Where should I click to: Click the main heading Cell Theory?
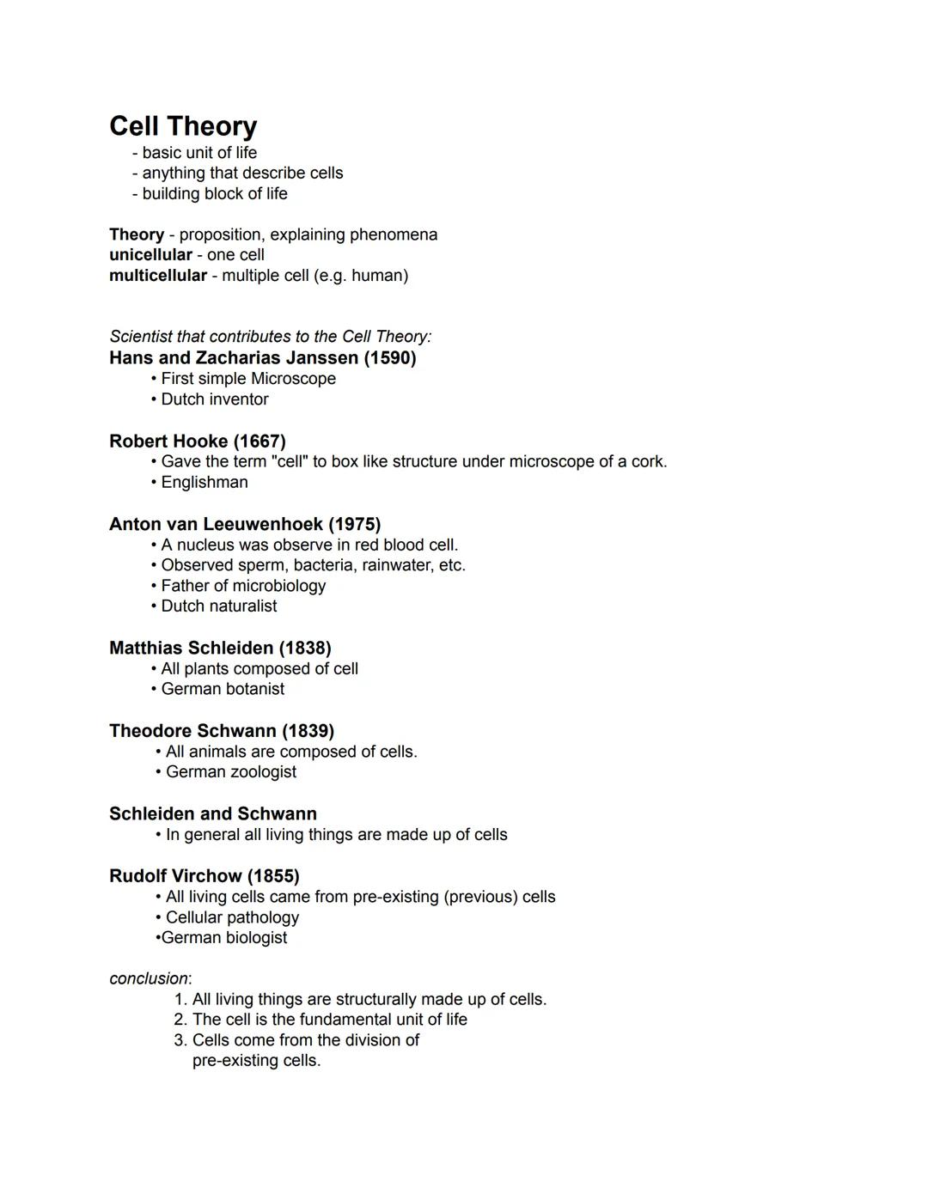click(183, 126)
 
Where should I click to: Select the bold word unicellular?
click(150, 255)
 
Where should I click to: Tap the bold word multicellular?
click(158, 276)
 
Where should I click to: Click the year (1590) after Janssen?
click(389, 358)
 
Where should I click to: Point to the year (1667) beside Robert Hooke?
click(259, 442)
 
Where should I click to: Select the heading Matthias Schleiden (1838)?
click(220, 648)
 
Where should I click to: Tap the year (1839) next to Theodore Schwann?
click(308, 731)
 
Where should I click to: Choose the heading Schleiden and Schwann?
click(213, 813)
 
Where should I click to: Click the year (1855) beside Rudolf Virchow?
click(273, 876)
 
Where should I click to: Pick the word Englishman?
click(205, 483)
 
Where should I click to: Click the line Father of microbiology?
click(243, 586)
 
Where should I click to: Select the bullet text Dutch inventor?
click(215, 399)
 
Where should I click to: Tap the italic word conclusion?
click(149, 979)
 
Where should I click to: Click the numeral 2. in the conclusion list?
click(180, 1020)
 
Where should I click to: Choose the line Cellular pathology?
click(232, 917)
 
